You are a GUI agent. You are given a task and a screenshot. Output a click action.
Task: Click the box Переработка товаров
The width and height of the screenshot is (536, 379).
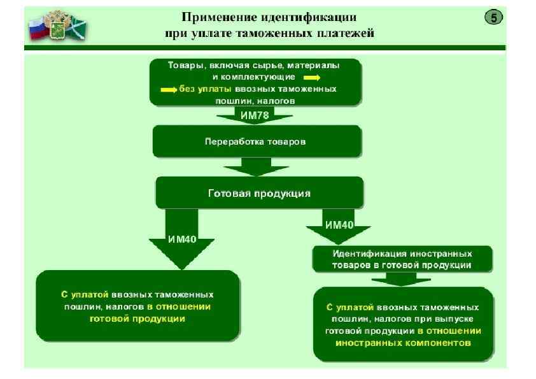click(x=257, y=141)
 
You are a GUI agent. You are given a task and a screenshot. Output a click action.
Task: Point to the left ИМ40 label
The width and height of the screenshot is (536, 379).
click(x=182, y=240)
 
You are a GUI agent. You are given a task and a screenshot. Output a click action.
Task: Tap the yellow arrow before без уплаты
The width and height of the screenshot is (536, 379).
click(x=169, y=89)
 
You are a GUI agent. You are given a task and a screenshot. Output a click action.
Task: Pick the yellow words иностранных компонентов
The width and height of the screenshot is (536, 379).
click(x=402, y=342)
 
